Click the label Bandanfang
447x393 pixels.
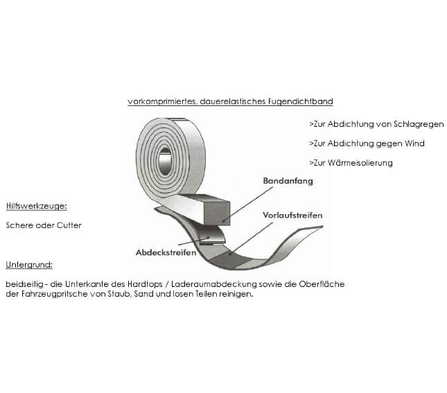pos(288,181)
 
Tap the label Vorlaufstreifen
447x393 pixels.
pos(292,215)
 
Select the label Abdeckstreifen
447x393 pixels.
pos(166,252)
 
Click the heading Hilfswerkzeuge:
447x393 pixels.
pos(37,206)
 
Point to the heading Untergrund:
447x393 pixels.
pos(29,265)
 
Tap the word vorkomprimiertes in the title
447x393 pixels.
pos(162,101)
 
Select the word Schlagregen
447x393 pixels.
pos(419,124)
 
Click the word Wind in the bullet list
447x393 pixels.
pos(415,143)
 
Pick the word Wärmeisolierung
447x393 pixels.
pos(360,163)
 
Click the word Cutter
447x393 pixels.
pos(69,225)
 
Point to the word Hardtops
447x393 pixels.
pos(145,284)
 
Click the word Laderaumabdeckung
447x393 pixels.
pos(214,284)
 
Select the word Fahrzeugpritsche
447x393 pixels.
pos(54,294)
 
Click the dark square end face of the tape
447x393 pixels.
pos(218,213)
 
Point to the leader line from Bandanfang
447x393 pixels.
pos(247,204)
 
